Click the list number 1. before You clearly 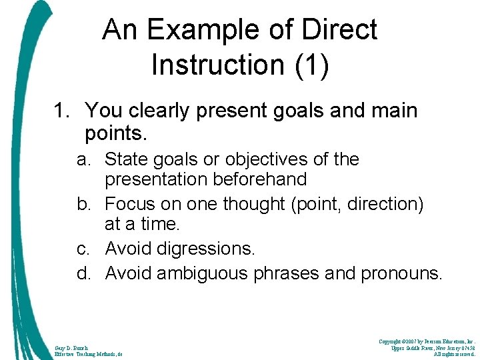pos(62,111)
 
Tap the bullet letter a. pos(83,160)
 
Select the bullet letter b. pos(83,204)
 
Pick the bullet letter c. pos(83,249)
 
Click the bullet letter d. pos(83,273)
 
